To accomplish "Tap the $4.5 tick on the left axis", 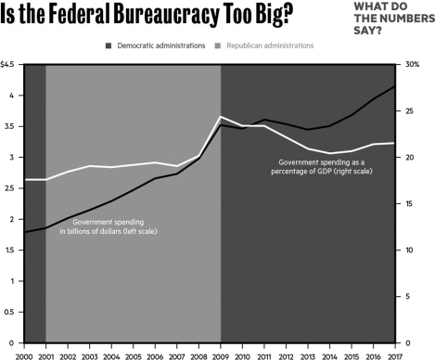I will coord(7,64).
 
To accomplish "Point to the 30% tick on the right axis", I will coord(413,64).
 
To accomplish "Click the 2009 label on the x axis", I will coord(221,354).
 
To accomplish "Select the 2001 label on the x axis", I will coord(45,354).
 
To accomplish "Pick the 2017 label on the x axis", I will coord(395,354).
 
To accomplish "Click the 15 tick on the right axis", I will coord(414,204).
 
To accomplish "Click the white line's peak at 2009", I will coord(221,117).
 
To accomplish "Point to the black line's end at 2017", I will coord(395,86).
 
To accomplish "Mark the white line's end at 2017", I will coord(395,143).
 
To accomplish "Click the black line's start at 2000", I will coord(24,232).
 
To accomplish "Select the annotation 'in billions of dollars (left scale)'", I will coord(115,230).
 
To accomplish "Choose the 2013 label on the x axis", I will coord(308,354).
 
